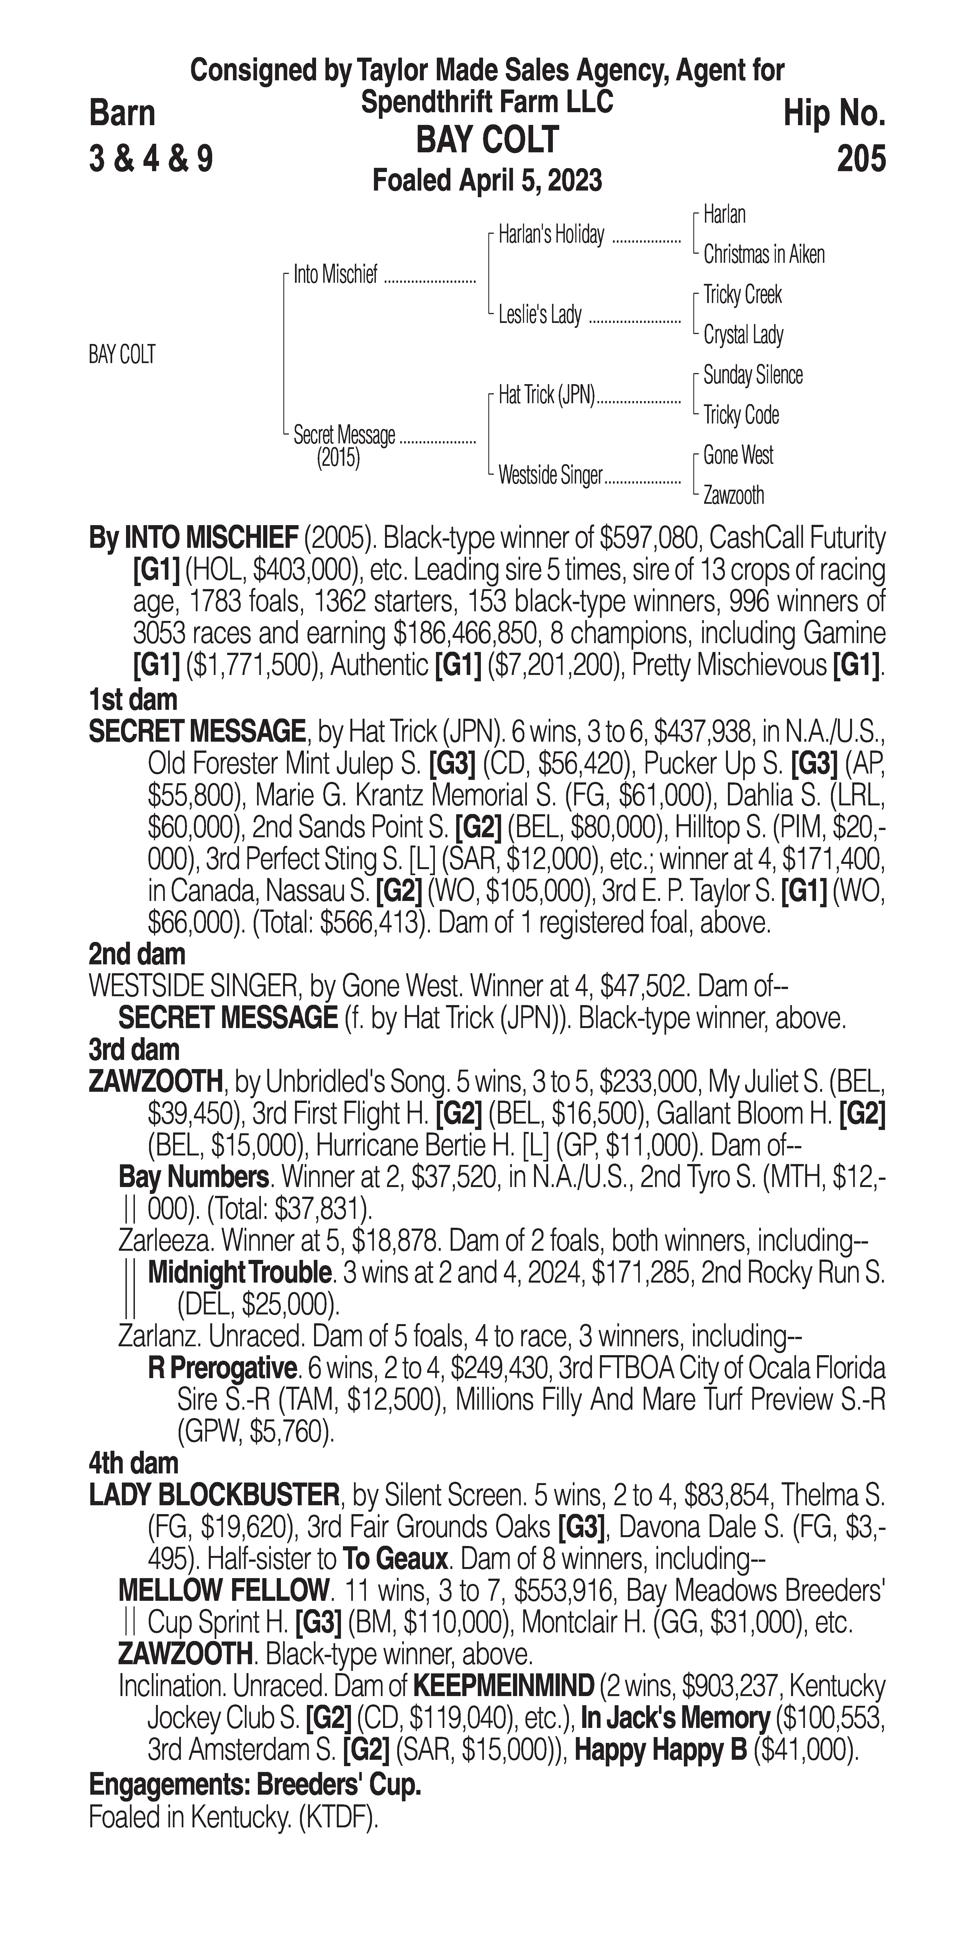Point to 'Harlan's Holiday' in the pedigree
click(x=551, y=235)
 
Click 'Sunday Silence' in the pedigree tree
click(x=753, y=375)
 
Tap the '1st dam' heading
click(x=133, y=699)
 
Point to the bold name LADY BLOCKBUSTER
click(x=214, y=1494)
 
